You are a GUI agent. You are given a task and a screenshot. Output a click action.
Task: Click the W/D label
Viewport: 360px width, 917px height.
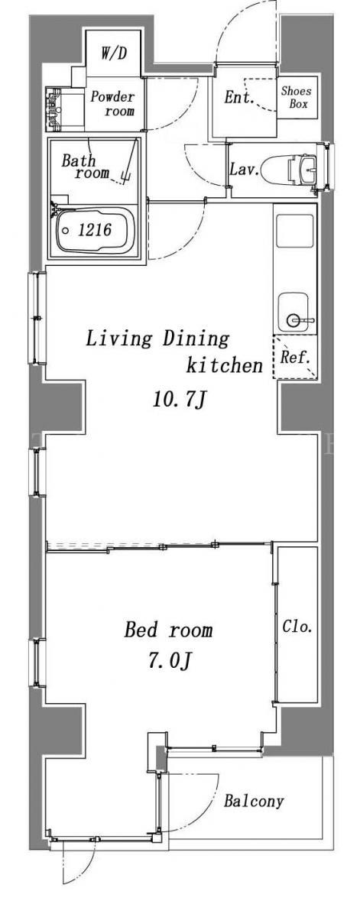113,53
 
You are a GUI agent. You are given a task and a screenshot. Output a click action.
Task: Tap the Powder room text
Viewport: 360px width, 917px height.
112,104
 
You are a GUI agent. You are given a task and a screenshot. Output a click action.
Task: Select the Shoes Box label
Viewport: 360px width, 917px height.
296,97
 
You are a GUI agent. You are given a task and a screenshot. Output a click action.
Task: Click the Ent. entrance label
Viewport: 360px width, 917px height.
238,97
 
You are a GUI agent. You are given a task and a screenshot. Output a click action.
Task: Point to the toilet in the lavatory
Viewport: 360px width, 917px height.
288,169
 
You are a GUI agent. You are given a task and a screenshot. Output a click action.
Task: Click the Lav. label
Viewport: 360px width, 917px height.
244,169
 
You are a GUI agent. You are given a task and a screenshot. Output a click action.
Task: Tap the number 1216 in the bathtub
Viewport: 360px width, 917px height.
95,230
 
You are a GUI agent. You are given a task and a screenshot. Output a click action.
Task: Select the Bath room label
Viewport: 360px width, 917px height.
85,166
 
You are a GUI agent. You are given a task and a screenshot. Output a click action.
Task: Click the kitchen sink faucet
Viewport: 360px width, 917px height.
299,320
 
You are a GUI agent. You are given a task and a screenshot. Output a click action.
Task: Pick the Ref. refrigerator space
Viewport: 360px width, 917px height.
294,357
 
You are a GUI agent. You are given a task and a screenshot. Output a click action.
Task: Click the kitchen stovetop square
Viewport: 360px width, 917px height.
295,231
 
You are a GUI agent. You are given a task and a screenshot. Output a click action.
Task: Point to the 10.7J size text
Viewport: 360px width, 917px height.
179,399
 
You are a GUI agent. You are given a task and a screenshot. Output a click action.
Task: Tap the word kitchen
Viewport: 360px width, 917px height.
224,365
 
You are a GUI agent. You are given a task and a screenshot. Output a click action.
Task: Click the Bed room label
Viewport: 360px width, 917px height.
168,630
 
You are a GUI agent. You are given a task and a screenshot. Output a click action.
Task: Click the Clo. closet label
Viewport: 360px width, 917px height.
297,626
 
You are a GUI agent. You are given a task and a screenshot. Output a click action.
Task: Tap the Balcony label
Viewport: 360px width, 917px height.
254,801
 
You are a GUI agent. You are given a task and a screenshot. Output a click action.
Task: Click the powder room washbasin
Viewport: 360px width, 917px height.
54,109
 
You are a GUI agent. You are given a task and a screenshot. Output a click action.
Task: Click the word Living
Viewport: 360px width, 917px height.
118,339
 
